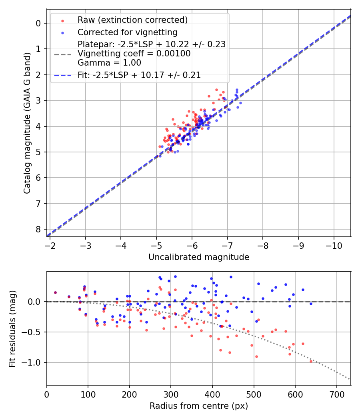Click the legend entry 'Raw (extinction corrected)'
pos(132,20)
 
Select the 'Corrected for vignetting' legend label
pos(127,32)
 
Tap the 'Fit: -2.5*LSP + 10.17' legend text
pos(139,75)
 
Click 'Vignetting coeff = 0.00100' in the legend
pos(134,54)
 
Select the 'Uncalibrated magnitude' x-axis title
pos(199,257)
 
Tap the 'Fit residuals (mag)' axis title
pos(12,328)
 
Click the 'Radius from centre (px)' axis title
pos(199,406)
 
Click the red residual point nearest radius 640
pos(311,361)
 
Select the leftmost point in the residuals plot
pos(55,292)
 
